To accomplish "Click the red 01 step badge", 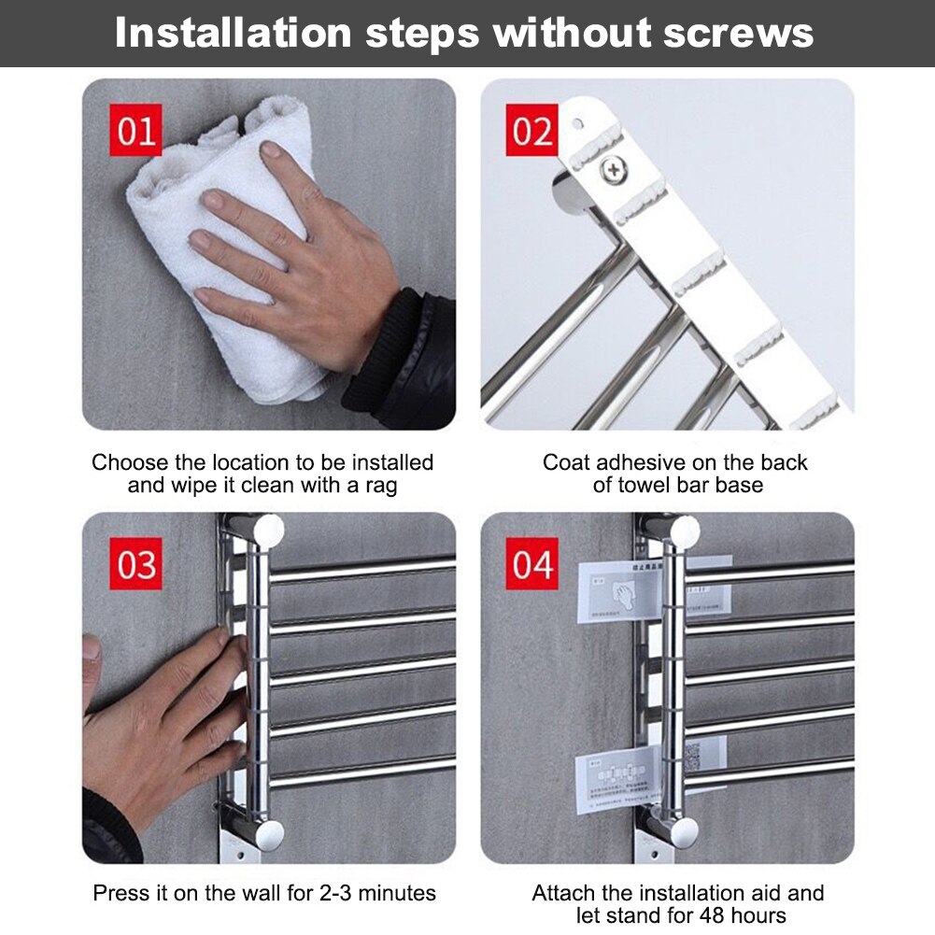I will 136,131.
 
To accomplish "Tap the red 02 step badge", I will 532,131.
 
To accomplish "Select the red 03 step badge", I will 136,564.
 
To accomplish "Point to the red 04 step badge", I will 532,564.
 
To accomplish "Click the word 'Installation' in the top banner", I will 233,34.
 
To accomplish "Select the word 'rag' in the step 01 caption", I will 379,487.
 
